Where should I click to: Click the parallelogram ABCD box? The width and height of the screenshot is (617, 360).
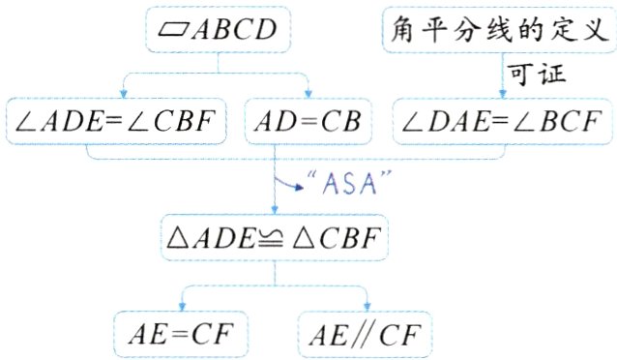pyautogui.click(x=219, y=31)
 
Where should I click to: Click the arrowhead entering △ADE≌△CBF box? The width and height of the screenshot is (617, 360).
pyautogui.click(x=276, y=206)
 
